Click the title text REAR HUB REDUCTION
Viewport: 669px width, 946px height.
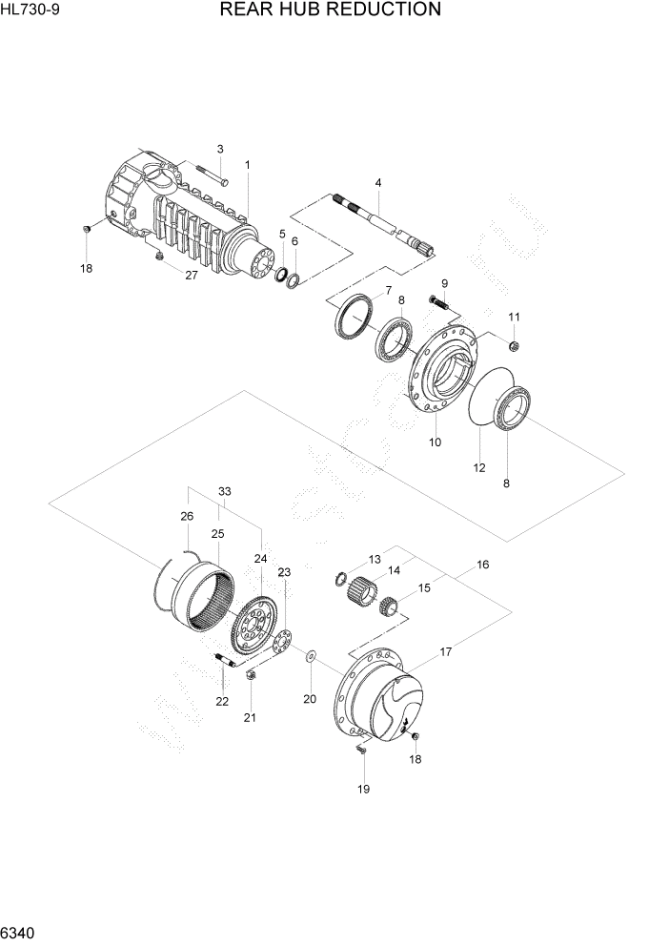330,10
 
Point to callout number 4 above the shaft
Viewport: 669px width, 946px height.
378,182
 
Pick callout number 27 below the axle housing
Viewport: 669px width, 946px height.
191,276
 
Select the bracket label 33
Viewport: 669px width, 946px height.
225,491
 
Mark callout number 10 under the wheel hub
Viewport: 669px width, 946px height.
435,442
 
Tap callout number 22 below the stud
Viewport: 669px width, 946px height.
222,702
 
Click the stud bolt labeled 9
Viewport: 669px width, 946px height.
439,304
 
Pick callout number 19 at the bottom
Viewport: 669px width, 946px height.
363,789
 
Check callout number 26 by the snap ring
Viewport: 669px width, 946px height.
187,516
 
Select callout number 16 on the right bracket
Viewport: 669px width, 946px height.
482,565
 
